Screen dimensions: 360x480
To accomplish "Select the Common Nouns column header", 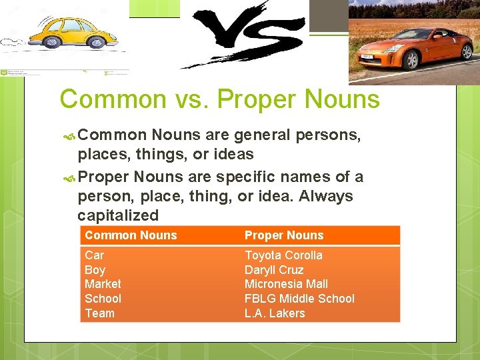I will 131,235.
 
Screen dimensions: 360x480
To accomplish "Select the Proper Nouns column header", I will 284,235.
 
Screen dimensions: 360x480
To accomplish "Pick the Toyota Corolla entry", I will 283,255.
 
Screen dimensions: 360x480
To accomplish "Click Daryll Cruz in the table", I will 274,270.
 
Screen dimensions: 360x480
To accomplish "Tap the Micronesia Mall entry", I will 286,284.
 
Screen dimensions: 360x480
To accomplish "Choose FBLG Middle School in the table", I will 299,299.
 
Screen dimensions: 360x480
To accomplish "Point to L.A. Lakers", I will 275,313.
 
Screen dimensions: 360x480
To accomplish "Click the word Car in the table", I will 94,255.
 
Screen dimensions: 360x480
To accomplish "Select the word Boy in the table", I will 95,270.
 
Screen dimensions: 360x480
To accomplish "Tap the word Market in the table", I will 103,284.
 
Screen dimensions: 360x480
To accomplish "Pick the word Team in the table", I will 99,313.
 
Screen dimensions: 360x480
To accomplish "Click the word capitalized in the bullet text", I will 118,215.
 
